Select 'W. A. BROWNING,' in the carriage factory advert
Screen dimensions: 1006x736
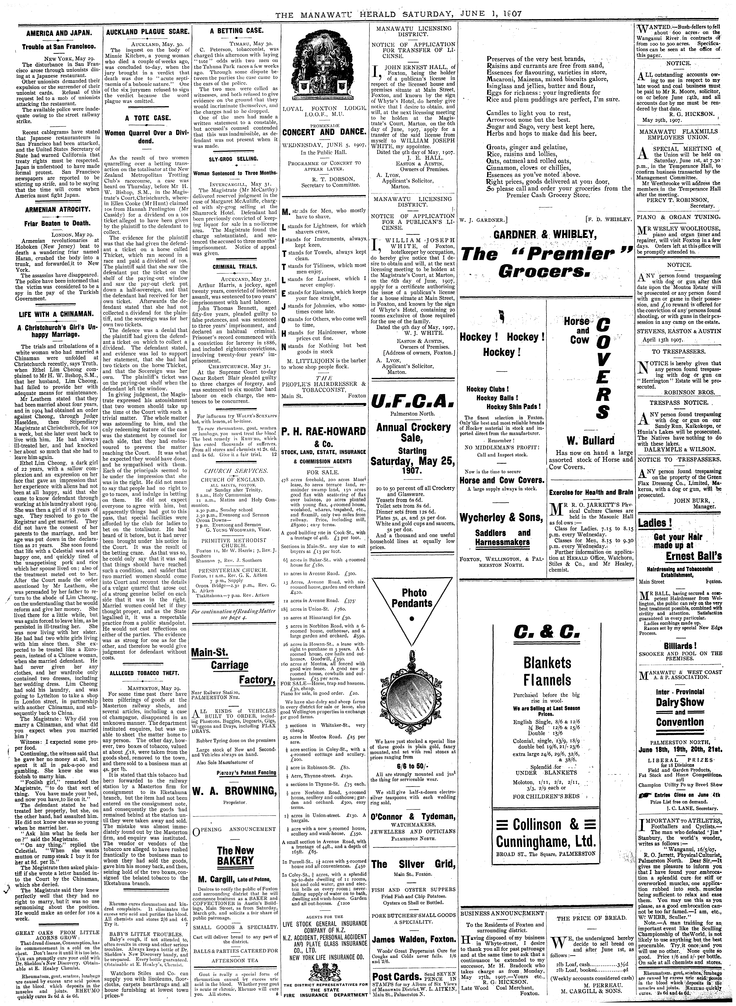coord(235,791)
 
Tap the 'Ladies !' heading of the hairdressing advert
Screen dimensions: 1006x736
coord(655,523)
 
